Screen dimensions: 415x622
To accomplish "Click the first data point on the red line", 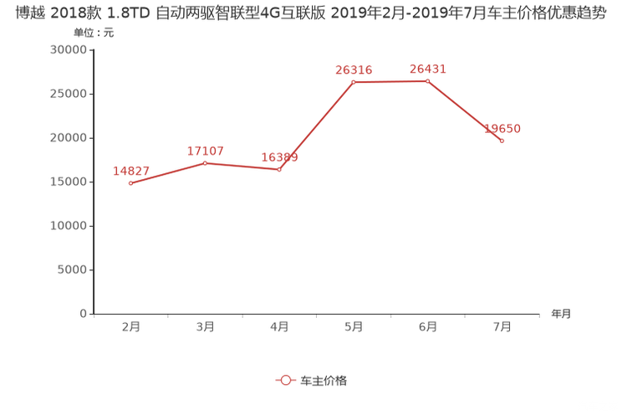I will click(131, 182).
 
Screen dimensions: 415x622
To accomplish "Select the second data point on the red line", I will click(206, 162).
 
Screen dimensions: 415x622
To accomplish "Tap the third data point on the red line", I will click(280, 170).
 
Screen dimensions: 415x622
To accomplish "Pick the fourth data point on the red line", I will click(354, 81).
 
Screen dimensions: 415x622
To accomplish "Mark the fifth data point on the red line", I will click(427, 80).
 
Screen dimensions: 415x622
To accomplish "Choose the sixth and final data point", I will click(502, 141).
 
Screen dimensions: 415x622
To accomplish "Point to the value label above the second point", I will click(206, 151).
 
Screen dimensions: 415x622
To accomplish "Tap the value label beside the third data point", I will click(280, 157).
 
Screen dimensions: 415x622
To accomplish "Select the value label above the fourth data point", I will click(354, 69).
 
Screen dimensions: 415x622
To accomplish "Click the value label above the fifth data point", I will click(427, 69).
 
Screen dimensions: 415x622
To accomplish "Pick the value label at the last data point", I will click(502, 129).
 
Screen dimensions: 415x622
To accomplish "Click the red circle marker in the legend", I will click(286, 380).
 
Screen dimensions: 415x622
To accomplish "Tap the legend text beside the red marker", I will click(323, 380).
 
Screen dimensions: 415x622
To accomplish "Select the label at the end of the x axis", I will click(561, 315).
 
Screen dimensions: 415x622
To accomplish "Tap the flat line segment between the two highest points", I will click(390, 81).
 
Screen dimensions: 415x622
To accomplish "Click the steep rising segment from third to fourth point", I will click(317, 126).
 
